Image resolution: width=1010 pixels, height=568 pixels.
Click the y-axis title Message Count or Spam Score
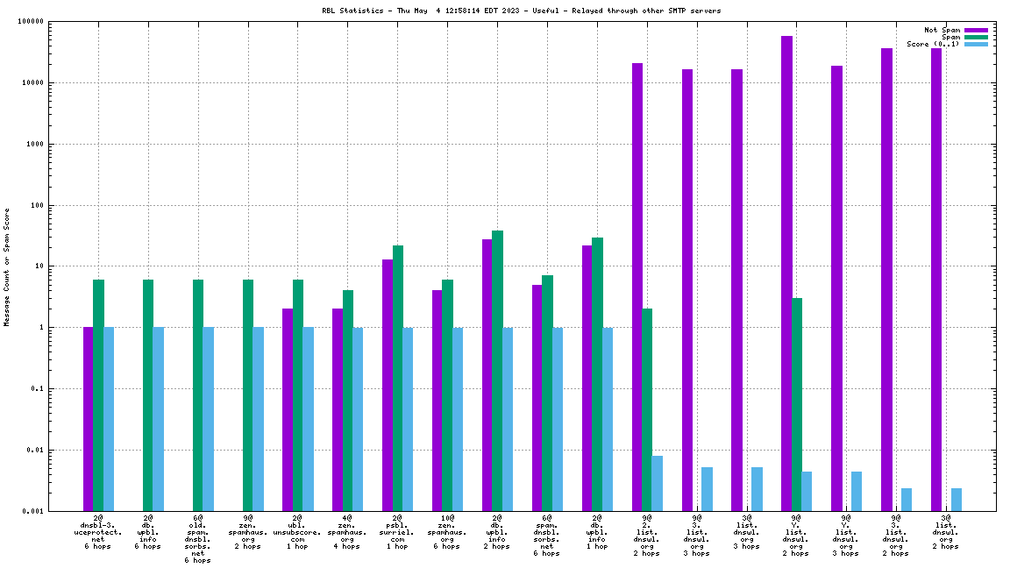pos(7,267)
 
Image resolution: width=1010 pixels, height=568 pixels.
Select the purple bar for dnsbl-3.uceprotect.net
pos(89,418)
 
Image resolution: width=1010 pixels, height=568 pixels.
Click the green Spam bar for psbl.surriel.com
pos(398,378)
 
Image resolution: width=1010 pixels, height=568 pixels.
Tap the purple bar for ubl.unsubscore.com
pos(288,409)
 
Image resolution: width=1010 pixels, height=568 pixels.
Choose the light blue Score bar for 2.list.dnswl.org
pos(658,483)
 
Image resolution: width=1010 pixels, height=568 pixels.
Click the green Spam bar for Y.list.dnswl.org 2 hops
pos(797,404)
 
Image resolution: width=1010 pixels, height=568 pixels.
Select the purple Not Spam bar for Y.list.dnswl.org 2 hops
pos(786,273)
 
